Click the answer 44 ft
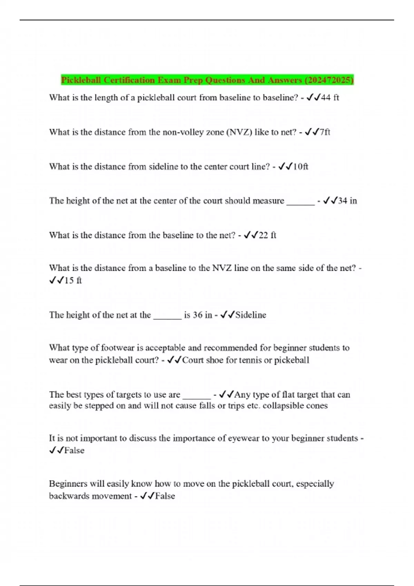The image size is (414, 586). point(330,98)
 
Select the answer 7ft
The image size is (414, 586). point(325,132)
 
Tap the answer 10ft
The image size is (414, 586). point(300,167)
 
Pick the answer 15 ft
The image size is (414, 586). point(73,281)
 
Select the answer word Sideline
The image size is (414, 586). point(250,315)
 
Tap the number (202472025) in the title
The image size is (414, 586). point(329,80)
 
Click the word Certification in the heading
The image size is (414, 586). point(129,80)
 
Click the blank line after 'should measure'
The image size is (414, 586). point(300,202)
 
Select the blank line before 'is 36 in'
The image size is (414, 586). point(167,316)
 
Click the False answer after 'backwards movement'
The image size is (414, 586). point(165,496)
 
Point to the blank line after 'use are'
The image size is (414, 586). point(197,396)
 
